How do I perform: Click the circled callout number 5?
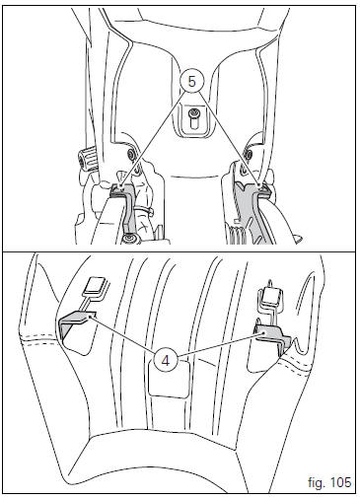click(x=192, y=81)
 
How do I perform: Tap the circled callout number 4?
click(x=166, y=361)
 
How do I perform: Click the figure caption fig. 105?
click(x=329, y=482)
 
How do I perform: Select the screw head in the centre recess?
click(x=192, y=113)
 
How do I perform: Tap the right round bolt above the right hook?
click(x=249, y=153)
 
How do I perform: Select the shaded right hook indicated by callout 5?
click(x=253, y=210)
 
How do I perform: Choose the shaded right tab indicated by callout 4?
click(x=272, y=338)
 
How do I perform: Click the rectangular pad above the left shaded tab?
click(x=96, y=286)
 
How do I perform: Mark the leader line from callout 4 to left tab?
click(x=124, y=334)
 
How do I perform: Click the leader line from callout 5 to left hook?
click(x=152, y=139)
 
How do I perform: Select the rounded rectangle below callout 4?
click(x=169, y=378)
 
